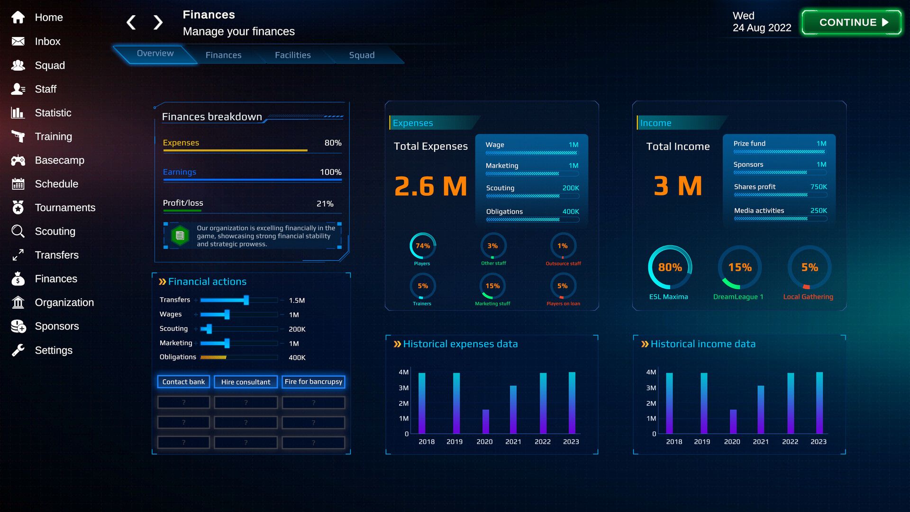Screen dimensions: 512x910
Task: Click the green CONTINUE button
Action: click(x=851, y=22)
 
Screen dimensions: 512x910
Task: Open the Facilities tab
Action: click(x=292, y=55)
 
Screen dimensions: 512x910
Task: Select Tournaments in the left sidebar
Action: click(x=65, y=208)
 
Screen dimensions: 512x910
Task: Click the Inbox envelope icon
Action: click(x=18, y=41)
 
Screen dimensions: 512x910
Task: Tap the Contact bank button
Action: click(x=183, y=382)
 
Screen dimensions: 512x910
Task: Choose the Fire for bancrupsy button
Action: click(x=313, y=382)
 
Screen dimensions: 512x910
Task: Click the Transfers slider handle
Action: click(x=246, y=300)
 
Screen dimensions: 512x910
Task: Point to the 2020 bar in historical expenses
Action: click(x=485, y=421)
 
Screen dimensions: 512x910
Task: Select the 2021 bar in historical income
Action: click(x=761, y=410)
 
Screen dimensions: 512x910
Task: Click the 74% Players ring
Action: click(x=422, y=246)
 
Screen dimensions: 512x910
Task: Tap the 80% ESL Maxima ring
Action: click(x=670, y=267)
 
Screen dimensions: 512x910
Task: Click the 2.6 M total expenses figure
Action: click(x=430, y=186)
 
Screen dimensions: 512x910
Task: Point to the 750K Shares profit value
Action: click(x=819, y=187)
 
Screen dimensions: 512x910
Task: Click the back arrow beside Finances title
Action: click(x=131, y=22)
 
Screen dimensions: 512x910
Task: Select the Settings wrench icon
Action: click(x=18, y=350)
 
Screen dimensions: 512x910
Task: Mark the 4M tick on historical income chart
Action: click(x=651, y=372)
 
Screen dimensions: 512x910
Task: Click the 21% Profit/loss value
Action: click(x=325, y=203)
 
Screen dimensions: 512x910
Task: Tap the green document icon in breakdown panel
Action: click(x=180, y=235)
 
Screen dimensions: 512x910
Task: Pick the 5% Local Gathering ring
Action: click(x=810, y=267)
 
